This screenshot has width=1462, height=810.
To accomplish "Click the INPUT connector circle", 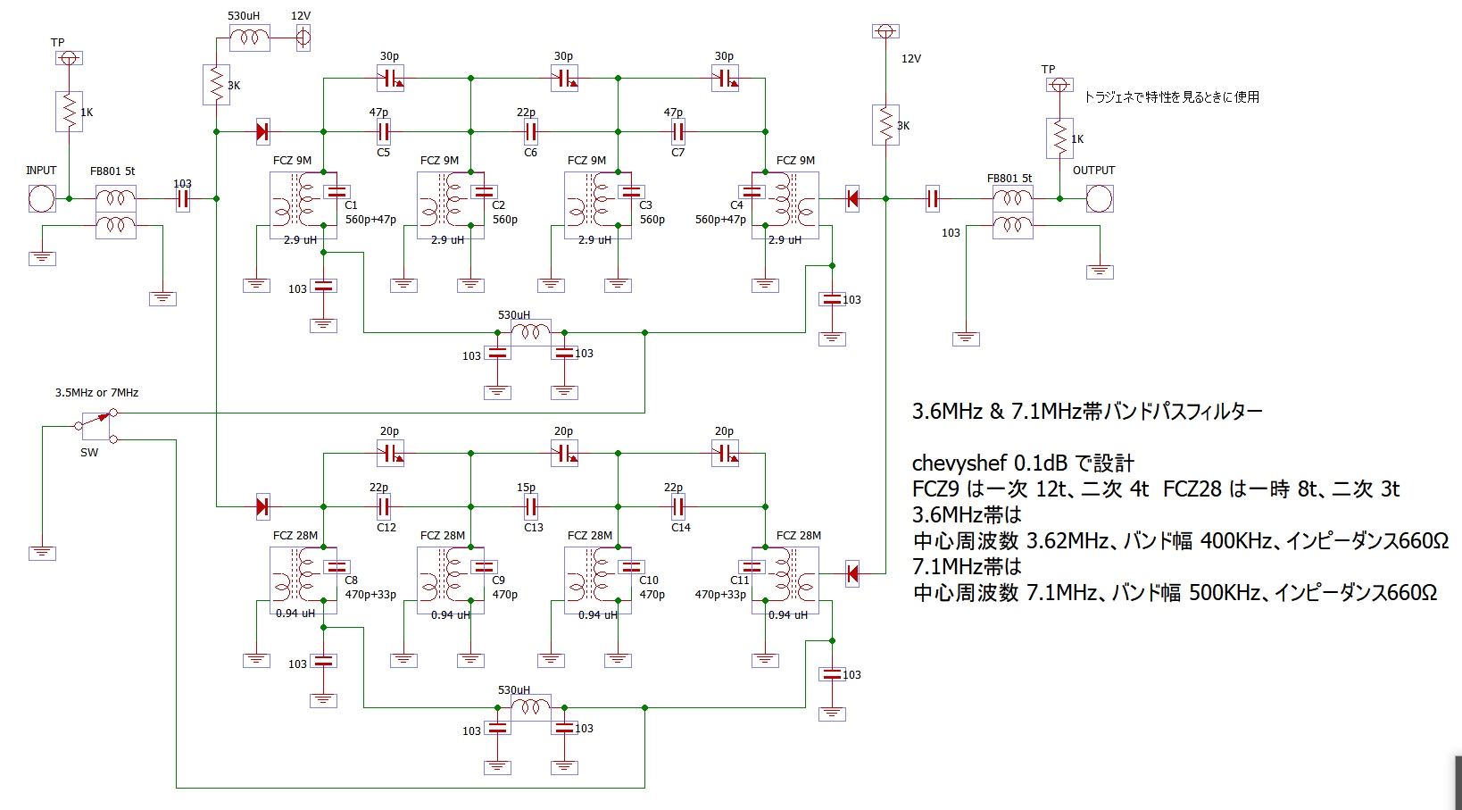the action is point(42,198).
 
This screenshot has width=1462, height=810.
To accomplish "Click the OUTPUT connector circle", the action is point(1100,198).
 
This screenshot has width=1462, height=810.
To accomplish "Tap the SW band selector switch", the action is point(96,426).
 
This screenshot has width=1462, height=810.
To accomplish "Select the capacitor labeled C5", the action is point(384,132).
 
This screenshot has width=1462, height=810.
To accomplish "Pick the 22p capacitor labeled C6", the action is point(531,132).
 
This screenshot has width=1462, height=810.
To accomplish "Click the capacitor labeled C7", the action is point(678,132).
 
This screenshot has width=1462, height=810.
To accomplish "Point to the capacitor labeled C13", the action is point(531,507).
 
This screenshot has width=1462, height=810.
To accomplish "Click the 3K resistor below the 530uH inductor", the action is point(217,84).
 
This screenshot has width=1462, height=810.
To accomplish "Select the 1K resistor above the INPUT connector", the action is point(70,112).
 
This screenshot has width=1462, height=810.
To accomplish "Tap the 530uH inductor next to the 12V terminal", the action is point(249,38).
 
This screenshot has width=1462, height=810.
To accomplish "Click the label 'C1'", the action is point(351,205).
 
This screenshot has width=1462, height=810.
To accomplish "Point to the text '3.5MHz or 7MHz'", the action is point(96,393).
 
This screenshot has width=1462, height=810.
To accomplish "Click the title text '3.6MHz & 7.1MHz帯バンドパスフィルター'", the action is point(1087,412).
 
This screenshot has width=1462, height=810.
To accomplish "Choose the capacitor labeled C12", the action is point(384,507).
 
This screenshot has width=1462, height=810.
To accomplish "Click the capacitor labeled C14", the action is point(678,507).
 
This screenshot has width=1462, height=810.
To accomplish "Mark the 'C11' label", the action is point(740,580).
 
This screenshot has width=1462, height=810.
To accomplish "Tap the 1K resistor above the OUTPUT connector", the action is point(1060,138).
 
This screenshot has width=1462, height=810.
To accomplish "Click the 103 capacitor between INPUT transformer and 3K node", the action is point(183,198).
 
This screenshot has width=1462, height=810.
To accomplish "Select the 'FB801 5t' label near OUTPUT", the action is point(1009,179).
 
